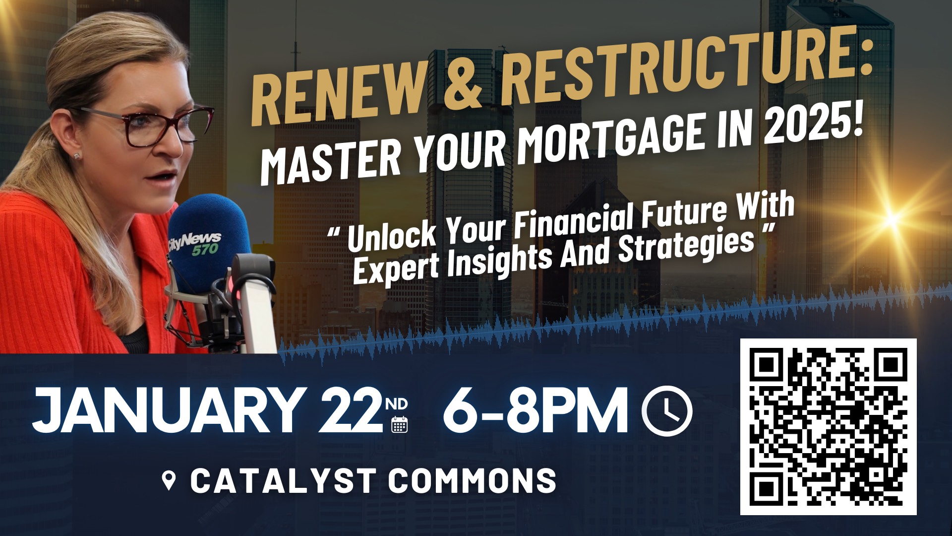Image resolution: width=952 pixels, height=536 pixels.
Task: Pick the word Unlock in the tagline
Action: click(x=392, y=233)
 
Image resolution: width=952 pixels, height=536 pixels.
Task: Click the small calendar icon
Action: click(x=399, y=424)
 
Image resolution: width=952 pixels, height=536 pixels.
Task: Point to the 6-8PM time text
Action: click(x=535, y=410)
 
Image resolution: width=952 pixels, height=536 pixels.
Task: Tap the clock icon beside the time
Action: click(x=667, y=410)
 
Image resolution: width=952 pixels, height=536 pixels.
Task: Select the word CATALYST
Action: click(x=283, y=480)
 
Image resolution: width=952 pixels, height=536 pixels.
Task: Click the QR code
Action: click(x=828, y=427)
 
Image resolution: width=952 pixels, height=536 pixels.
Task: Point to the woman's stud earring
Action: click(x=77, y=156)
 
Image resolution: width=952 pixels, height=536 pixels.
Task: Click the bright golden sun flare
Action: click(x=892, y=219)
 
